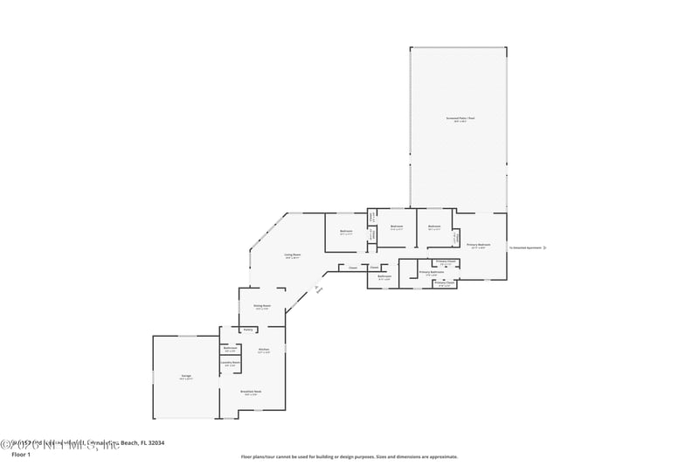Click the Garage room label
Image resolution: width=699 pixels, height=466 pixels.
pos(186,376)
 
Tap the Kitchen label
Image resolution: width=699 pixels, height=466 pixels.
pos(263,349)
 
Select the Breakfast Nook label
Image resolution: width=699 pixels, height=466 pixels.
pos(251,392)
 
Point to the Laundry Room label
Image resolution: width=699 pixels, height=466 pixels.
pos(230,363)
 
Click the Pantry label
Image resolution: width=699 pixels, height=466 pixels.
pos(248,330)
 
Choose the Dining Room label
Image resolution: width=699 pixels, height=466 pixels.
pos(260,306)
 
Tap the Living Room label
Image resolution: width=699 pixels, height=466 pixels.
pos(292,255)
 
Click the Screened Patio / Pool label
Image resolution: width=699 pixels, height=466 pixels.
pos(459,118)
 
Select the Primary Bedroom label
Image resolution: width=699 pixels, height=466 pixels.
pos(478,245)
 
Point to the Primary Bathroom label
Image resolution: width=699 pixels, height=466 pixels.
pos(432,272)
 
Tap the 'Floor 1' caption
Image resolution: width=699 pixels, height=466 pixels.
pos(20,455)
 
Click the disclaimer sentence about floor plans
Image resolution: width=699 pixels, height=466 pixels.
pos(349,456)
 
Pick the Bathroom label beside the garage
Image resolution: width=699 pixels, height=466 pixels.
pos(230,348)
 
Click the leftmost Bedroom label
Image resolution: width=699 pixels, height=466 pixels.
pos(346,233)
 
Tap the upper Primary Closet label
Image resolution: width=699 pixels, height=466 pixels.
pos(446,261)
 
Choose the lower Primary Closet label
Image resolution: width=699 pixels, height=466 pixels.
pos(443,282)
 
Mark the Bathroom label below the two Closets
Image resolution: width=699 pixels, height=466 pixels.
pos(384,276)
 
